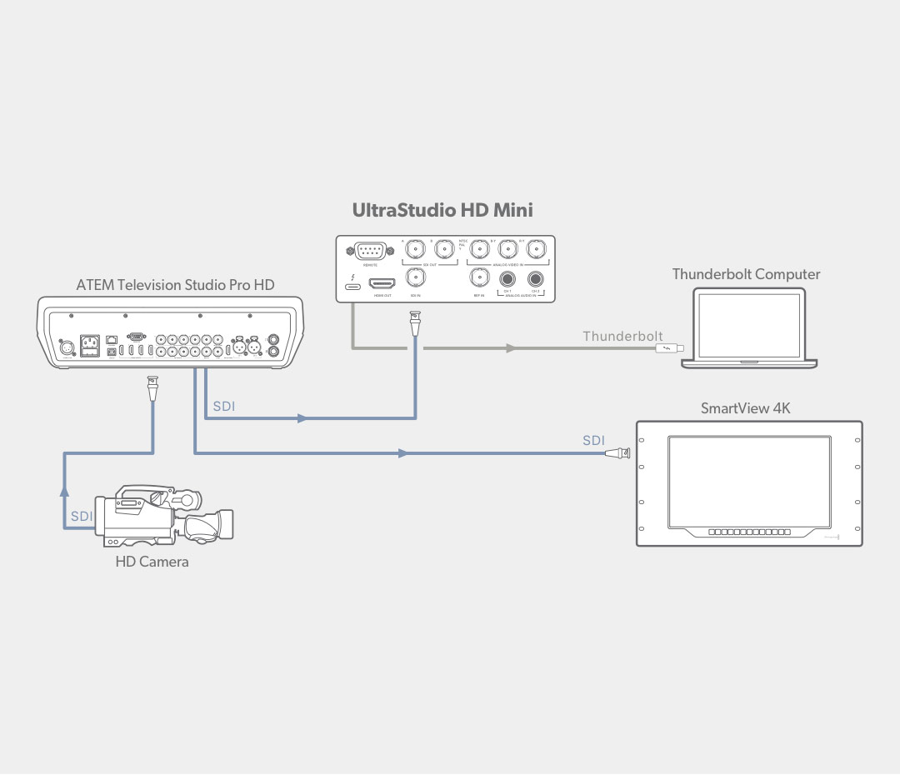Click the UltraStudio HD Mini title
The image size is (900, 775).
coord(442,211)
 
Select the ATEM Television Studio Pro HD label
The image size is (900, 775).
coord(175,285)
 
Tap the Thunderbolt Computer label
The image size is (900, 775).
coord(746,274)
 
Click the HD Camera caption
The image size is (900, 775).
coord(152,562)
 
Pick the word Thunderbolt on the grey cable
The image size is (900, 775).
coord(622,337)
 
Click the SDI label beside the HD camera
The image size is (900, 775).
coord(82,517)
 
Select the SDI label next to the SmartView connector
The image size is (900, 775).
coord(593,440)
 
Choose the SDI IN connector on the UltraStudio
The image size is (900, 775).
coord(414,278)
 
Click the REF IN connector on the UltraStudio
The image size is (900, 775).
coord(478,278)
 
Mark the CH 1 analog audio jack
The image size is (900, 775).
coord(506,281)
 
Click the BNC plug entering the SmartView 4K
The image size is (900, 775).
coord(617,454)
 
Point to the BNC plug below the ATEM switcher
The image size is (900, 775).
coord(152,388)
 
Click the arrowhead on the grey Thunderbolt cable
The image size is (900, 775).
coord(510,349)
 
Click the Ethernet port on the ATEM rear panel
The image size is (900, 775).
coord(112,340)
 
